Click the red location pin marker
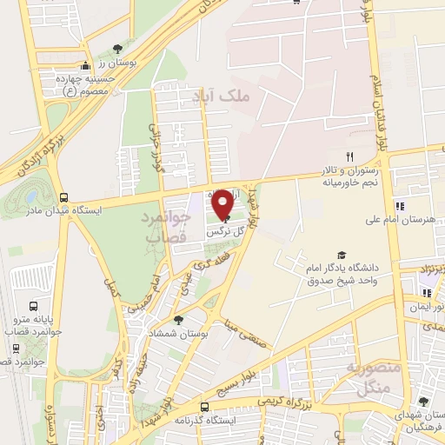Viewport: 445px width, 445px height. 222,203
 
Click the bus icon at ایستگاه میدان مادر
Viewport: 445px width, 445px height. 63,197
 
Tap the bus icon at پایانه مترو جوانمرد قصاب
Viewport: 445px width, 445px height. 33,306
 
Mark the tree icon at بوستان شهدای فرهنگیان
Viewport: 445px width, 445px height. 422,402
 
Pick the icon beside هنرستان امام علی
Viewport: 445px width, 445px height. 399,206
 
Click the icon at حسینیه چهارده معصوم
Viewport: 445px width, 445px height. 85,66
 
